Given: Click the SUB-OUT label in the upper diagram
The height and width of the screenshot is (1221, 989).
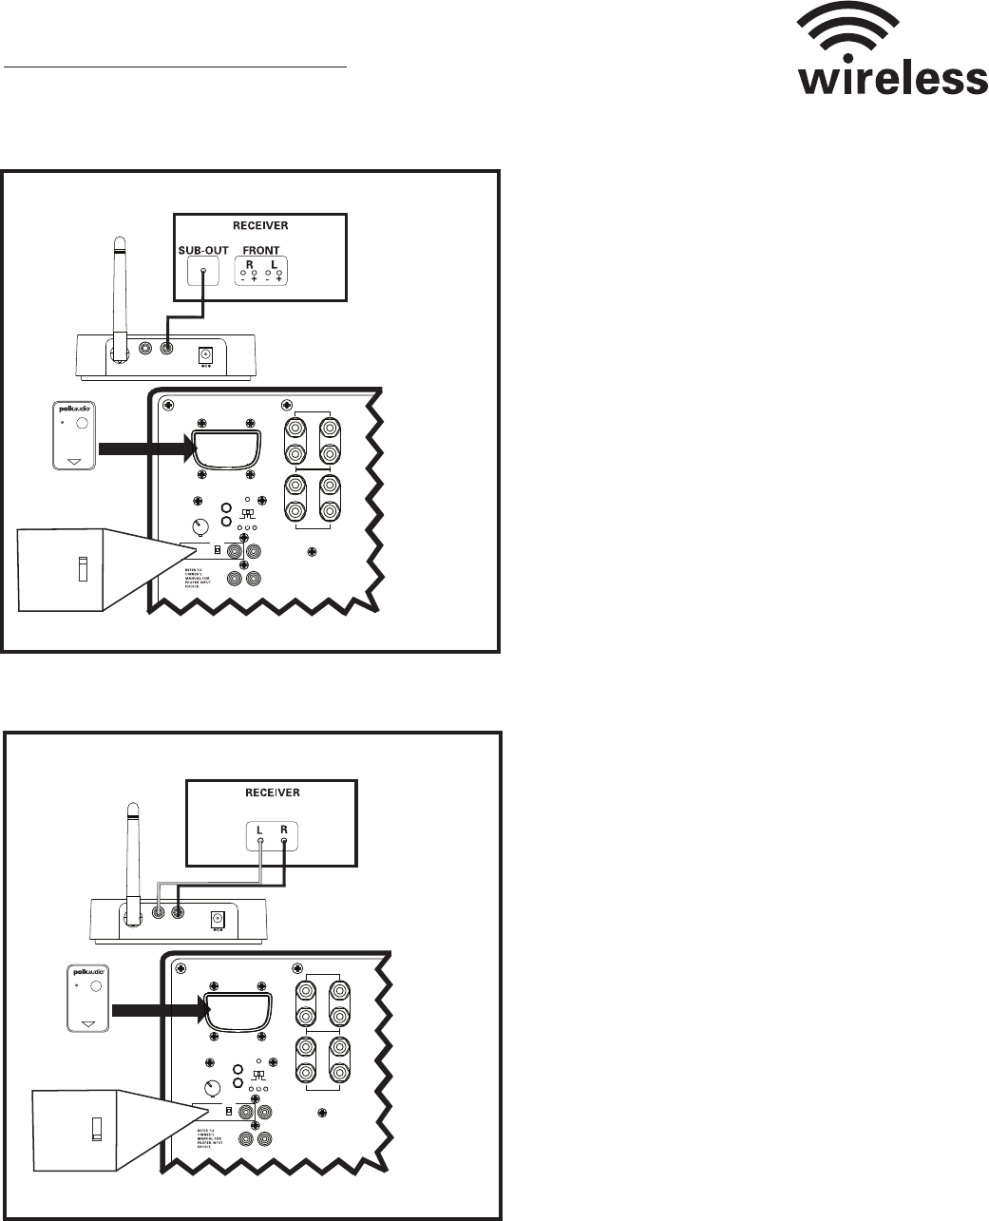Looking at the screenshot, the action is [203, 251].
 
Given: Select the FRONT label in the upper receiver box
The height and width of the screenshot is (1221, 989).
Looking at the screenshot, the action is [261, 251].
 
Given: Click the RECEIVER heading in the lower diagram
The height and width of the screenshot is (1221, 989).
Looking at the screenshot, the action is [272, 791].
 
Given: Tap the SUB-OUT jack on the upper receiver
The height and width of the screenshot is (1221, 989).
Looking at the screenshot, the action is [203, 273].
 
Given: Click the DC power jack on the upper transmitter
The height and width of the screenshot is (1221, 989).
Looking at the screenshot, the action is [202, 354].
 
